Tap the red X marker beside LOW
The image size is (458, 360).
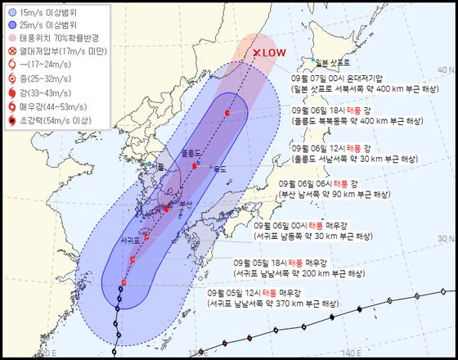click(257, 52)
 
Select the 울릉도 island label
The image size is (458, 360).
click(191, 152)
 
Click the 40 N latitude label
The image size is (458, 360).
click(448, 68)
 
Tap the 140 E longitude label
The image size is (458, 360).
click(352, 353)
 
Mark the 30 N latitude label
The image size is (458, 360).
click(448, 236)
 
